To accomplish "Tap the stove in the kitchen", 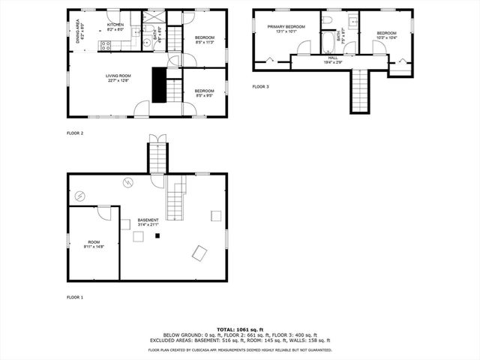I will point(106,44).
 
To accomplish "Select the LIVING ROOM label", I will point(118,77).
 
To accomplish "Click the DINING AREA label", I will point(80,30).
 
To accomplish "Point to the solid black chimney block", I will point(159,84).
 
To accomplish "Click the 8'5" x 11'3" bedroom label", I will point(205,40).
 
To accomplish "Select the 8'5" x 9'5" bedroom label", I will point(205,93).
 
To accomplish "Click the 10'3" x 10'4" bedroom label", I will point(386,34).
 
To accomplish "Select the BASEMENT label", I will point(148,222).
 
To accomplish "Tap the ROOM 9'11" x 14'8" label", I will point(94,244).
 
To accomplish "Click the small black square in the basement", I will point(157,236).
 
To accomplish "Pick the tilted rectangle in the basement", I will point(199,253).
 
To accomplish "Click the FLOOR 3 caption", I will point(260,87).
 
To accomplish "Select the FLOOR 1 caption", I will point(75,298).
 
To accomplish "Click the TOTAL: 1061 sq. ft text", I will point(239,329).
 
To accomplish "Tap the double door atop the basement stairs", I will point(157,137).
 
